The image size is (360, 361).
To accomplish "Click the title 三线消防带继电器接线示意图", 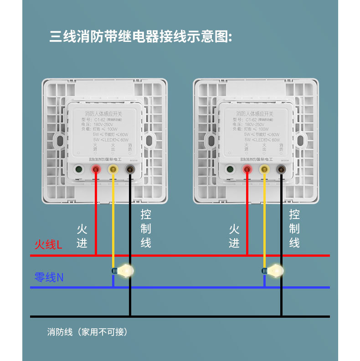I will click(141, 37).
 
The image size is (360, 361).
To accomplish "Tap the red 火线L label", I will click(48, 245).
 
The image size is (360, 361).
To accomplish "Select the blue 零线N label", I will click(49, 277).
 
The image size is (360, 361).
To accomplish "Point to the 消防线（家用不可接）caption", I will click(87, 332).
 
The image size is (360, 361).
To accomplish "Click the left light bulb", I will click(123, 271).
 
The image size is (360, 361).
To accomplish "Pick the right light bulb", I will click(275, 271).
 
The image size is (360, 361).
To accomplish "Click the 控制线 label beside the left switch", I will click(146, 229).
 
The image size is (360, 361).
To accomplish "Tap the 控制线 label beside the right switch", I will click(294, 229).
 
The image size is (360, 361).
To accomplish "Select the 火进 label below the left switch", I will click(82, 236).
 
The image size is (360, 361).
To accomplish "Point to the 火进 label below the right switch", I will click(234, 236).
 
